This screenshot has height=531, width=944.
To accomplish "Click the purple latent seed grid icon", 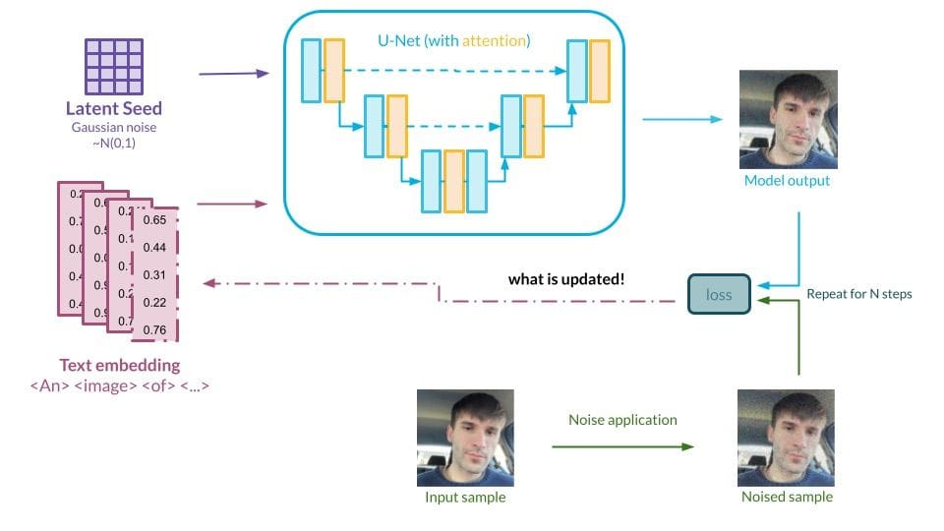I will [114, 65].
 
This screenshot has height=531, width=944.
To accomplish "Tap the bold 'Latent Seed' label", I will [114, 109].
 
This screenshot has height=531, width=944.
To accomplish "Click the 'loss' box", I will [719, 294].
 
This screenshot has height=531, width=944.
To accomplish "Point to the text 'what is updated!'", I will [565, 279].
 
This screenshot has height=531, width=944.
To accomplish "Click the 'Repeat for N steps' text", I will [859, 294].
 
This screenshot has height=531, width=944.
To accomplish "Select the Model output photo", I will [788, 119].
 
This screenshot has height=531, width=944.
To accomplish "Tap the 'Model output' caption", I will [787, 181].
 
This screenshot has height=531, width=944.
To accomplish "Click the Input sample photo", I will [465, 438].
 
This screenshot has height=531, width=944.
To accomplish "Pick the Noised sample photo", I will [787, 438].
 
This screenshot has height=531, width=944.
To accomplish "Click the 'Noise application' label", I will [622, 419].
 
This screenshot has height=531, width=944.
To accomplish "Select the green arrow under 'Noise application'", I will [622, 446].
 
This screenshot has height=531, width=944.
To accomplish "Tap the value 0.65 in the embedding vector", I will [154, 220].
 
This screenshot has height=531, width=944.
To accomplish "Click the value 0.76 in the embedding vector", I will [154, 329].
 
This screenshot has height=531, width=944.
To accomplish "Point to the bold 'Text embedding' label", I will [120, 365].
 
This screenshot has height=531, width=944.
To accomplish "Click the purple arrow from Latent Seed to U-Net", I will [233, 74].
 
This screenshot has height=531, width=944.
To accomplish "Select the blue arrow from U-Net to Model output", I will [680, 120].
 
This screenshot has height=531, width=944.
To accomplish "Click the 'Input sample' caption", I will [465, 497].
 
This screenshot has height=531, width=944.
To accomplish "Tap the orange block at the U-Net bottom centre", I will [453, 182].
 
